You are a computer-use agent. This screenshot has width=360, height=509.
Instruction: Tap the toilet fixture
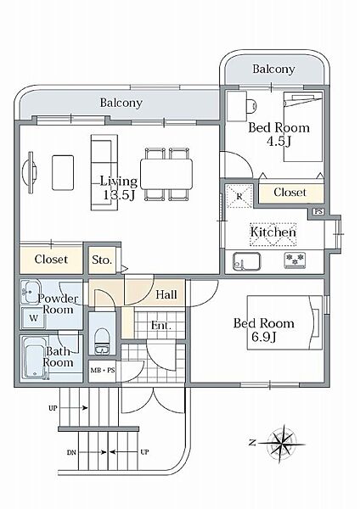tap(103, 341)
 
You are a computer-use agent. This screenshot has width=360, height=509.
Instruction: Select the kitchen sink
tap(246, 261)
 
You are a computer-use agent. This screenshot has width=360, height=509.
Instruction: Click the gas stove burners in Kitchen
tap(295, 260)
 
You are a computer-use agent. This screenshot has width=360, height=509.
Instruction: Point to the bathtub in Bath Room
tap(33, 358)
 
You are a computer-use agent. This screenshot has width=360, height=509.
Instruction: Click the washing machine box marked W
tap(34, 318)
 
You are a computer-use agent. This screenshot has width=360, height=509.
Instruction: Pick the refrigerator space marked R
tap(239, 196)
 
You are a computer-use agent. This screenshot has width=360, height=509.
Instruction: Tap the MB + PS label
tap(103, 370)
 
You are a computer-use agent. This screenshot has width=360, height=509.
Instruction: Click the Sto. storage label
tap(102, 260)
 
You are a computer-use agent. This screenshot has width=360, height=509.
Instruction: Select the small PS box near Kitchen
tap(318, 211)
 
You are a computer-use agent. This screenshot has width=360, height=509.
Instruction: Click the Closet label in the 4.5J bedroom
tap(290, 193)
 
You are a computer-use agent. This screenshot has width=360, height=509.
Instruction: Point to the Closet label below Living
tap(51, 260)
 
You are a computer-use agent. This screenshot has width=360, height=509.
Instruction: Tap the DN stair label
tap(71, 452)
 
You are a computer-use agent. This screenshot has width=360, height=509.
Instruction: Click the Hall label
tap(166, 294)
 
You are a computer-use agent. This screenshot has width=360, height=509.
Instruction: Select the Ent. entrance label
tap(161, 325)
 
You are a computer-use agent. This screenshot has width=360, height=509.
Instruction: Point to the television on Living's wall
tap(31, 172)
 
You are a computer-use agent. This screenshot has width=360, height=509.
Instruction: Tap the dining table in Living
tap(166, 174)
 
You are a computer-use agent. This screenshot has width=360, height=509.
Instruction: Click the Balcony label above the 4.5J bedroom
tap(273, 69)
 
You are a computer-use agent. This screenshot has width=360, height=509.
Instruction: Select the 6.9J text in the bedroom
tap(264, 337)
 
